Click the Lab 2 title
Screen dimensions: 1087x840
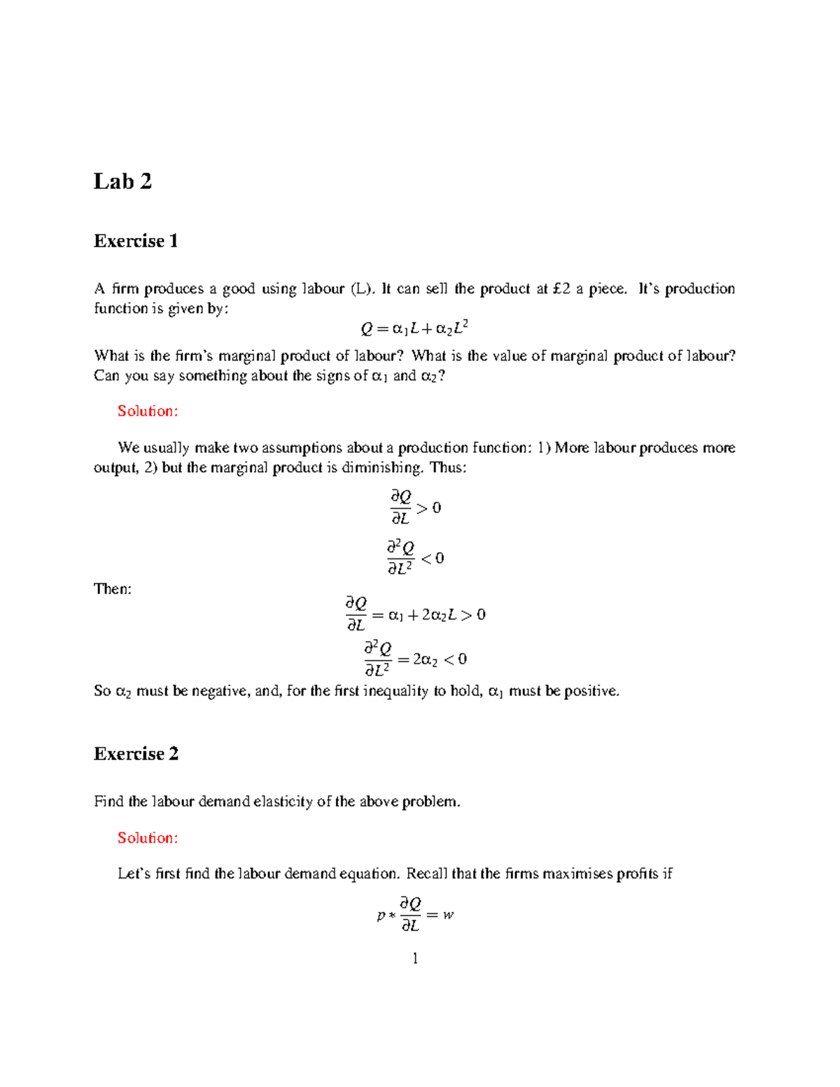coord(122,181)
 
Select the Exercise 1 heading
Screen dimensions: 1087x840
coord(136,241)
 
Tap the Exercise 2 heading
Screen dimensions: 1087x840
coord(136,754)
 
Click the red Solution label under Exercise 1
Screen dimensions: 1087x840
coord(148,411)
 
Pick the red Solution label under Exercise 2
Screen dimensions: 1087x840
coord(148,838)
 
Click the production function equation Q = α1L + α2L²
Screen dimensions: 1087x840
coord(414,328)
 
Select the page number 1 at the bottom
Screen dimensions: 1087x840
coord(415,958)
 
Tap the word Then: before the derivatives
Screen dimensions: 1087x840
coord(113,589)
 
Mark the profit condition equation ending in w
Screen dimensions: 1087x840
coord(415,914)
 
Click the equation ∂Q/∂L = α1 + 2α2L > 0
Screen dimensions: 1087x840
coord(415,614)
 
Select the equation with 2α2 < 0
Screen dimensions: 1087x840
coord(415,659)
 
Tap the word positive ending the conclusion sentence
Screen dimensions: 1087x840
coord(591,692)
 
